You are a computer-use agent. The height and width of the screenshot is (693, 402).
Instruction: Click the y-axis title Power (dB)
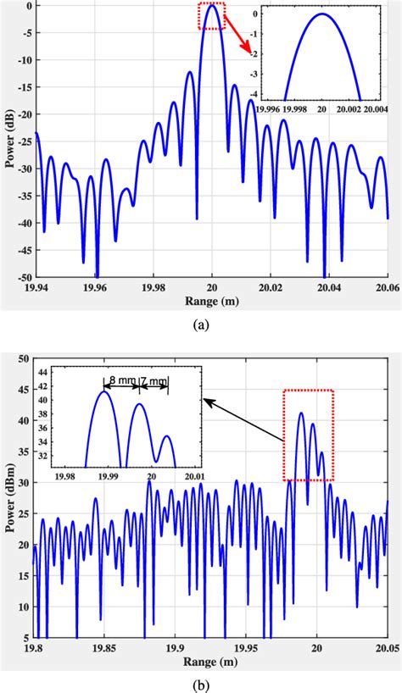pos(9,139)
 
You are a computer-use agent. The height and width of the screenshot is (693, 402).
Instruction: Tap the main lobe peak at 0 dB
pos(212,5)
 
